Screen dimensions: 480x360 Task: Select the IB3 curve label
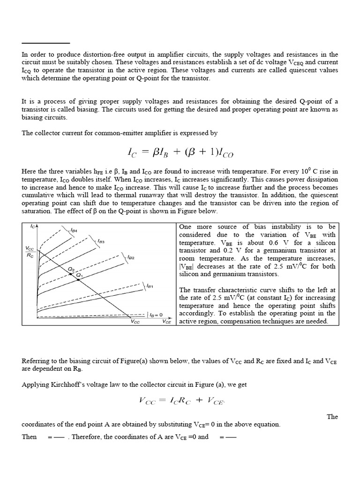(x=100, y=241)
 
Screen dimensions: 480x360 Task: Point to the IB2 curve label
(x=131, y=257)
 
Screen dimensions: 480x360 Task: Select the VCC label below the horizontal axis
(x=135, y=322)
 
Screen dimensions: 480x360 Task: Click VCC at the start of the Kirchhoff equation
(x=150, y=400)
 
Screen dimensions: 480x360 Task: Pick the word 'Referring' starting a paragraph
(x=35, y=361)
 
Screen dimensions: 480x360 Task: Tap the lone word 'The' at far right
(x=332, y=416)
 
